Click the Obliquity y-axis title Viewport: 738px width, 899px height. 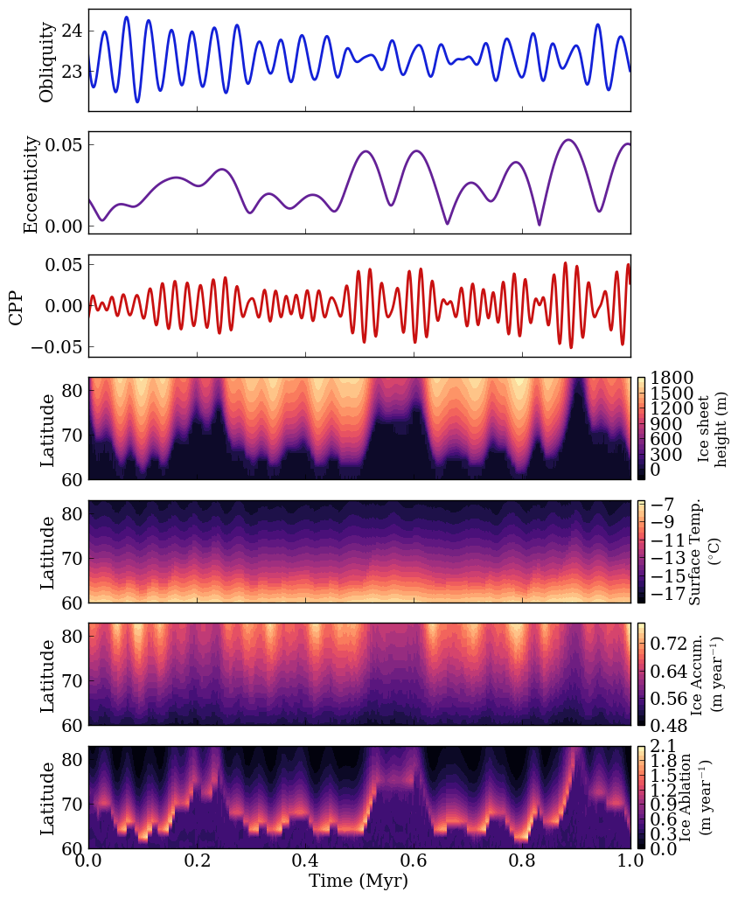(47, 61)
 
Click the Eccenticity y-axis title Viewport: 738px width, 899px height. (31, 184)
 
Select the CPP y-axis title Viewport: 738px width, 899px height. (16, 306)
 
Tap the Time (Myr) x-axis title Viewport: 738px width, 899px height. (359, 882)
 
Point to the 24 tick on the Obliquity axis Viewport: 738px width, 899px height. (73, 31)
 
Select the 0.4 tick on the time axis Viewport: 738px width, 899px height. (305, 862)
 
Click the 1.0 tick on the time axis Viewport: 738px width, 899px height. (630, 862)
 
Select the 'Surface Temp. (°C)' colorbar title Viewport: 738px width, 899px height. (705, 552)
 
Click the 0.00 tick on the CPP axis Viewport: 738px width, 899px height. (62, 306)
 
